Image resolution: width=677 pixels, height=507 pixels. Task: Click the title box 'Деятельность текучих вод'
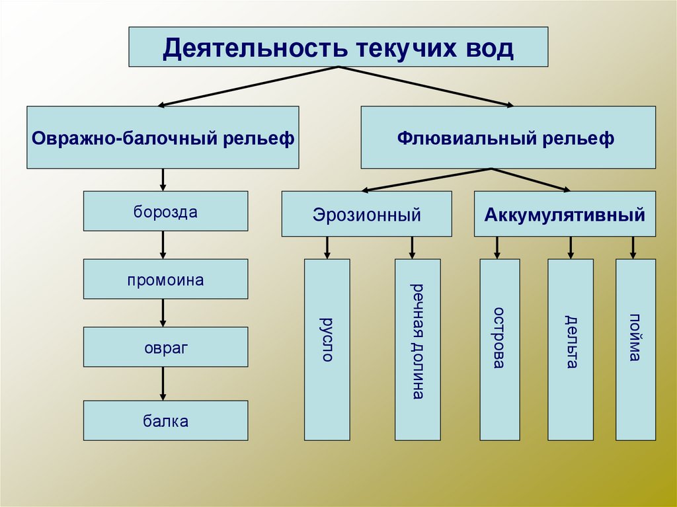pos(338,47)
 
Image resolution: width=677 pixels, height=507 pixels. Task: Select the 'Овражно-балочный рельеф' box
pos(163,137)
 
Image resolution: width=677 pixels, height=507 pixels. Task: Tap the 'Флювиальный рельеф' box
pos(508,137)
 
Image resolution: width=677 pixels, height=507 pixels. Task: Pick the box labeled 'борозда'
pos(165,212)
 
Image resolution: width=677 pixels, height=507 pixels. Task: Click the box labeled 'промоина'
pos(165,279)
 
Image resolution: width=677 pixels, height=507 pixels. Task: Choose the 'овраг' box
pos(165,347)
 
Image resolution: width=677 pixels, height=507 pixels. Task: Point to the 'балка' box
pos(165,420)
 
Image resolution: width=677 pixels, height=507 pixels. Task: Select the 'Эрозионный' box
pos(366,214)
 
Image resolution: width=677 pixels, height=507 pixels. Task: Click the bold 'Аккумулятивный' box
pos(565,214)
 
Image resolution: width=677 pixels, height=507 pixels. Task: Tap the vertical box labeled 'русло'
pos(327,349)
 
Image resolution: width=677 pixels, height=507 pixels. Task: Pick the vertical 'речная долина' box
pos(417,349)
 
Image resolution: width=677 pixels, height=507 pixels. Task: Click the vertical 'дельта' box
pos(571,349)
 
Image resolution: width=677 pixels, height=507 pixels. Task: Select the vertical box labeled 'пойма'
pos(635,349)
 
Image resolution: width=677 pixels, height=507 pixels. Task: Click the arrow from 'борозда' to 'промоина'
pos(163,245)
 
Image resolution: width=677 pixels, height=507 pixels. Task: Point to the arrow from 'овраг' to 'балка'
pos(163,383)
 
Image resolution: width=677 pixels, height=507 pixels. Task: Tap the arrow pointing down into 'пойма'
pos(633,247)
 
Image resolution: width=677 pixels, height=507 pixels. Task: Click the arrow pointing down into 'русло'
pos(327,247)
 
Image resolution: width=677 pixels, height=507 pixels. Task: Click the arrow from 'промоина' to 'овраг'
pos(163,313)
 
